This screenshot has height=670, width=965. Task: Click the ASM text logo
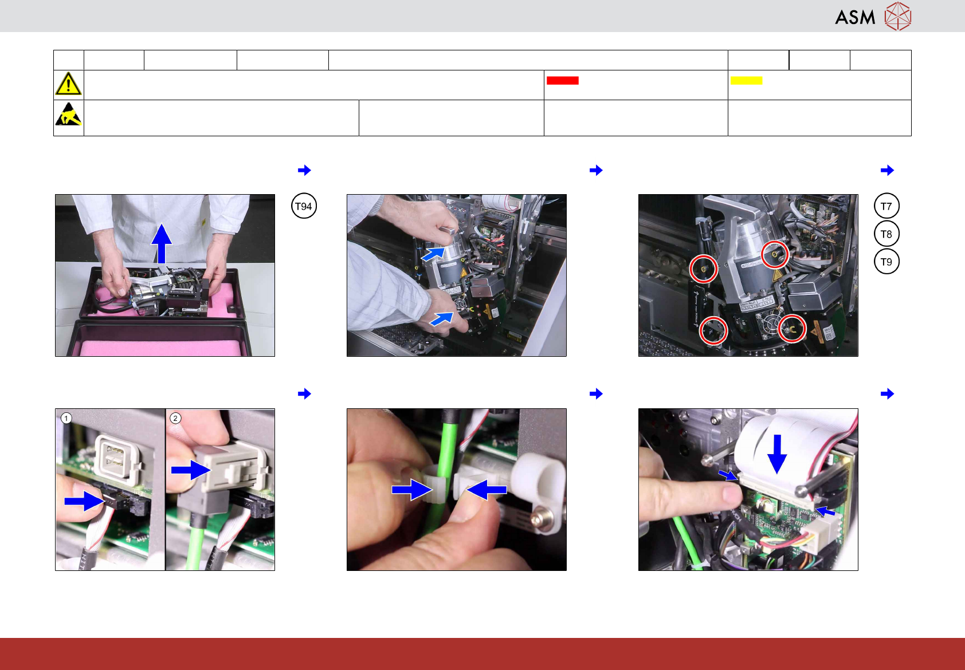coord(855,17)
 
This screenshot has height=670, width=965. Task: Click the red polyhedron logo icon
coord(898,17)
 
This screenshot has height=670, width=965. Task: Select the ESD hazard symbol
coord(68,114)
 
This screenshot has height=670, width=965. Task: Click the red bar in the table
coord(563,81)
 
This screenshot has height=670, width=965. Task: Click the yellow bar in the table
coord(746,81)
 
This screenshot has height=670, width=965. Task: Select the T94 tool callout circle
coord(304,206)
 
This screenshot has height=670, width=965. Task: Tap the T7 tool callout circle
coord(886,206)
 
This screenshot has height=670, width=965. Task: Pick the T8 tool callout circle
coord(886,234)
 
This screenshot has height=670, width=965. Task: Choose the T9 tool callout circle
coord(886,261)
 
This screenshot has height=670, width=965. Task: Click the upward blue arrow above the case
coord(161,243)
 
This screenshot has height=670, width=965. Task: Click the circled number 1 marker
coord(66,418)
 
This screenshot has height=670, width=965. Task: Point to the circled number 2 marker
coord(175,418)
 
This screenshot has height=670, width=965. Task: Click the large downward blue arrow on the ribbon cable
coord(777,454)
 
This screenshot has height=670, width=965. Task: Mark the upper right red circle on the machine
coord(775,254)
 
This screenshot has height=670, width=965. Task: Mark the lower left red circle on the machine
coord(713,330)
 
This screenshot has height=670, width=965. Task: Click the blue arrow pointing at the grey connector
coord(191,470)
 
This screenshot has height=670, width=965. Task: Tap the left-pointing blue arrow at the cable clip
coord(487,490)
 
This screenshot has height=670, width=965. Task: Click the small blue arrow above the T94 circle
coord(304,170)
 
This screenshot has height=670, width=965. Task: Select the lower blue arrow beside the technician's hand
coord(442,318)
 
